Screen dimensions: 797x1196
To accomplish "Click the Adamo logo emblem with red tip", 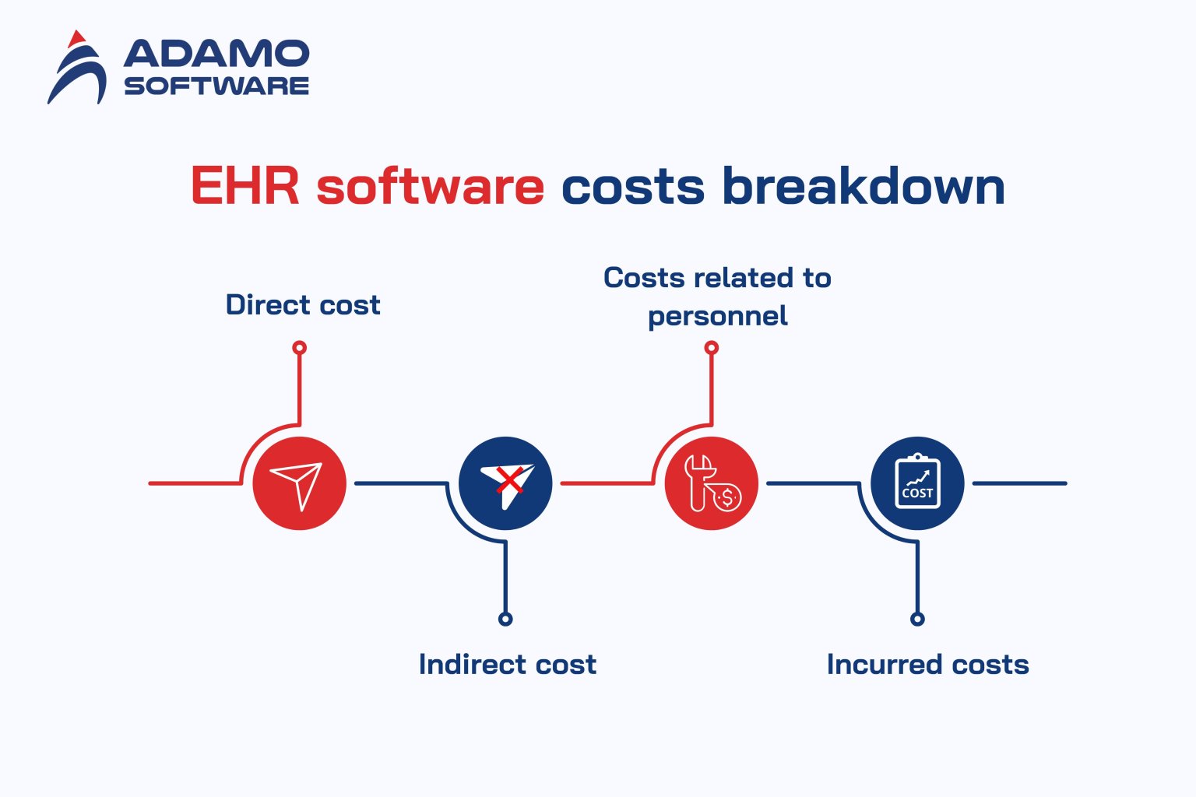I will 77,68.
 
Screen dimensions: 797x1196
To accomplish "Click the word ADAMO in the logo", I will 216,54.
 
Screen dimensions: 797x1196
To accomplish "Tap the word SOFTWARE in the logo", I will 216,86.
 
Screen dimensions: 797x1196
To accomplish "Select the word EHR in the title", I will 244,187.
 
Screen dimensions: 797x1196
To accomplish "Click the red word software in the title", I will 430,187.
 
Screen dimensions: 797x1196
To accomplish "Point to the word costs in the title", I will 632,187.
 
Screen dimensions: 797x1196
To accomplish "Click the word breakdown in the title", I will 863,187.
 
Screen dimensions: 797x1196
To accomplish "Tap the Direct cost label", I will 303,305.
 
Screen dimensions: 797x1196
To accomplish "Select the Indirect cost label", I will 507,665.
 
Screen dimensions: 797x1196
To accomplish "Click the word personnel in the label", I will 717,316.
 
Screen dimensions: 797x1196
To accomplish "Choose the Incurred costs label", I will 927,665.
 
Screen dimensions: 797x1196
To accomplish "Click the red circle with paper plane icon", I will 299,483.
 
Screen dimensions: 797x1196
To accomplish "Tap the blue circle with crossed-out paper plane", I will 505,483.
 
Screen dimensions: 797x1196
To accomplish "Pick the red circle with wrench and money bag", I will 711,483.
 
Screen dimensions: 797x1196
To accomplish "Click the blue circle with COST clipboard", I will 917,483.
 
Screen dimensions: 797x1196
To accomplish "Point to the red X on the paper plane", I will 509,479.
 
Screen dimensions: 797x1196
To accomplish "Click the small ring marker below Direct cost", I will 299,348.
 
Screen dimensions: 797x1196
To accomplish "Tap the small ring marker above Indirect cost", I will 505,620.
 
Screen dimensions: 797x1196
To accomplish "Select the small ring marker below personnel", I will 711,348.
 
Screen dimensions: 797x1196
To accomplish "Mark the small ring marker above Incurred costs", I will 917,620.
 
